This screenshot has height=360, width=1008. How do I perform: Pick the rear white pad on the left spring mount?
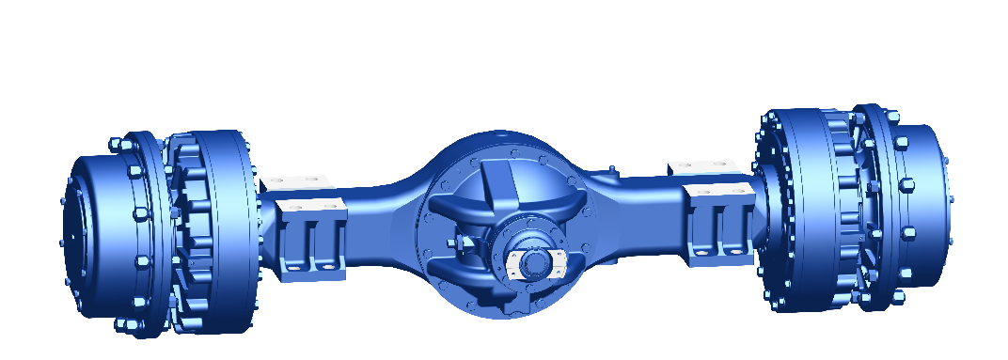[x=293, y=180]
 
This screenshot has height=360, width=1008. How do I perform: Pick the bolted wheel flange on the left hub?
[x=141, y=230]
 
